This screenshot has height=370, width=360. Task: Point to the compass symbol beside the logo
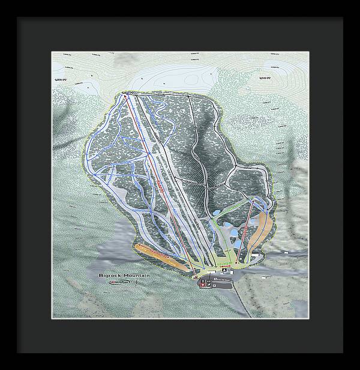coord(137,282)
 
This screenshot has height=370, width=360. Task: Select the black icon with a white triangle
coord(224,270)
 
